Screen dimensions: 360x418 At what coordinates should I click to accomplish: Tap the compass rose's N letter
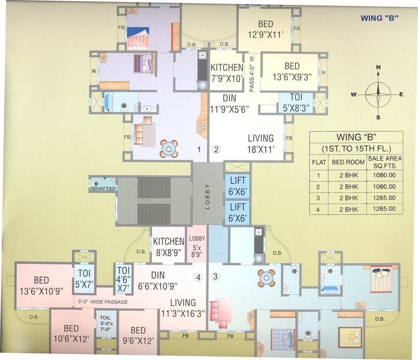click(x=378, y=68)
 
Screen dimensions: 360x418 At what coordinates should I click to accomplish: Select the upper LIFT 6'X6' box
click(x=237, y=186)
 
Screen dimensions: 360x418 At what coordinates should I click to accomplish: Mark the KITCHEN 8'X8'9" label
click(x=168, y=244)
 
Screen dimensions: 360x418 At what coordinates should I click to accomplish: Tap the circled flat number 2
click(x=217, y=150)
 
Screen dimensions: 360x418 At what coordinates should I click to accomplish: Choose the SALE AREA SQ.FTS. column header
click(x=382, y=161)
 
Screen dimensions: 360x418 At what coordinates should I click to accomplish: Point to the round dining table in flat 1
click(x=169, y=149)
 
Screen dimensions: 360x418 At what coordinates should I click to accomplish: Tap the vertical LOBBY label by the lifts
click(x=208, y=197)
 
